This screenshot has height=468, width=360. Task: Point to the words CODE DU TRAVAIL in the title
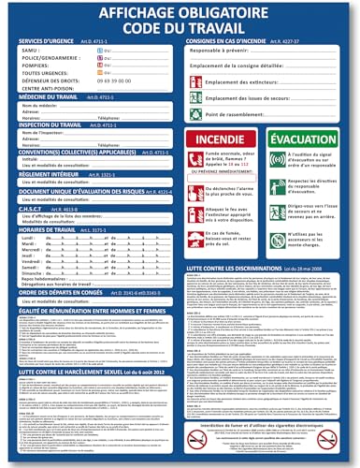click(x=180, y=30)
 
